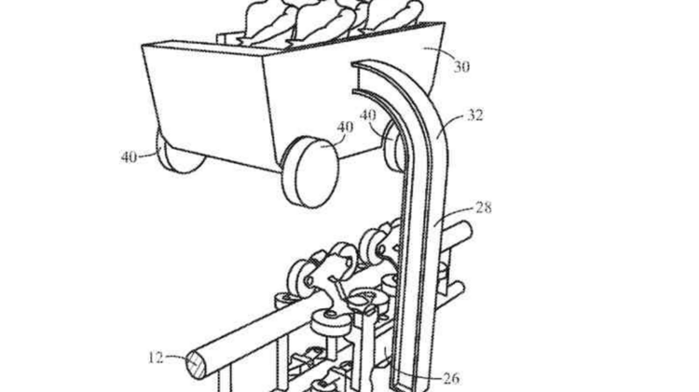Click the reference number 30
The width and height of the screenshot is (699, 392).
pos(461,67)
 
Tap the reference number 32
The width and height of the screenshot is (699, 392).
pos(474,115)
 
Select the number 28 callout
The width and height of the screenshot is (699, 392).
pos(483,208)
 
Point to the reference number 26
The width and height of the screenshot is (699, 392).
pos(451,378)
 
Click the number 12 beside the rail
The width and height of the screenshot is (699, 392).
pos(156,358)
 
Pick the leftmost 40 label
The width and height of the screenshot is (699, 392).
pos(129,156)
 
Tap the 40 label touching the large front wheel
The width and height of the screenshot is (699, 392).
pos(345,128)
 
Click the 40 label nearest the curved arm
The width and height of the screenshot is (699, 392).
pos(368,115)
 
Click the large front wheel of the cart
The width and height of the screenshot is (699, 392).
pos(309,172)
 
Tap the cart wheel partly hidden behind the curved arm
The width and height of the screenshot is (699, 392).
pos(393,147)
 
